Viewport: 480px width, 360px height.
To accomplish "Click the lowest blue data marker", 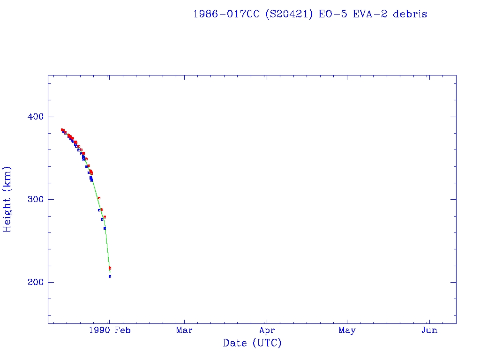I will pos(110,277).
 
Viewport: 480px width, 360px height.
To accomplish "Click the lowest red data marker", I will pos(110,268).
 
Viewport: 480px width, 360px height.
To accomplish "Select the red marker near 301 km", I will pos(99,198).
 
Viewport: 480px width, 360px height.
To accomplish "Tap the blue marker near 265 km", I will pos(105,228).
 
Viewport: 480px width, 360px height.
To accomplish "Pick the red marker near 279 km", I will pos(105,217).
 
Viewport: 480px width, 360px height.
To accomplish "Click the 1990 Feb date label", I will pos(109,330).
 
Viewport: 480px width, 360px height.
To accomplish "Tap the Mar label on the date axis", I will pos(184,330).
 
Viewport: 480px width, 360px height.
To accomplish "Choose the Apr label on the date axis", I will pos(267,330).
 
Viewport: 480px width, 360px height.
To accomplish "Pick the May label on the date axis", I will pos(347,330).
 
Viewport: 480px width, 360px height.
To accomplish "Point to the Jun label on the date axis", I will pos(429,330).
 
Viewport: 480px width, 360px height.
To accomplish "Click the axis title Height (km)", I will pos(7,199).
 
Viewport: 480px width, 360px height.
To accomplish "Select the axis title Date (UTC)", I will pos(252,344).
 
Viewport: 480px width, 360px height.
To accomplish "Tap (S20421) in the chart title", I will pos(289,14).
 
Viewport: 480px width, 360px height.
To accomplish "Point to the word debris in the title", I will pos(410,14).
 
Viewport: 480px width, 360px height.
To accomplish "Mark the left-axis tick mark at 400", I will pos(51,117).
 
